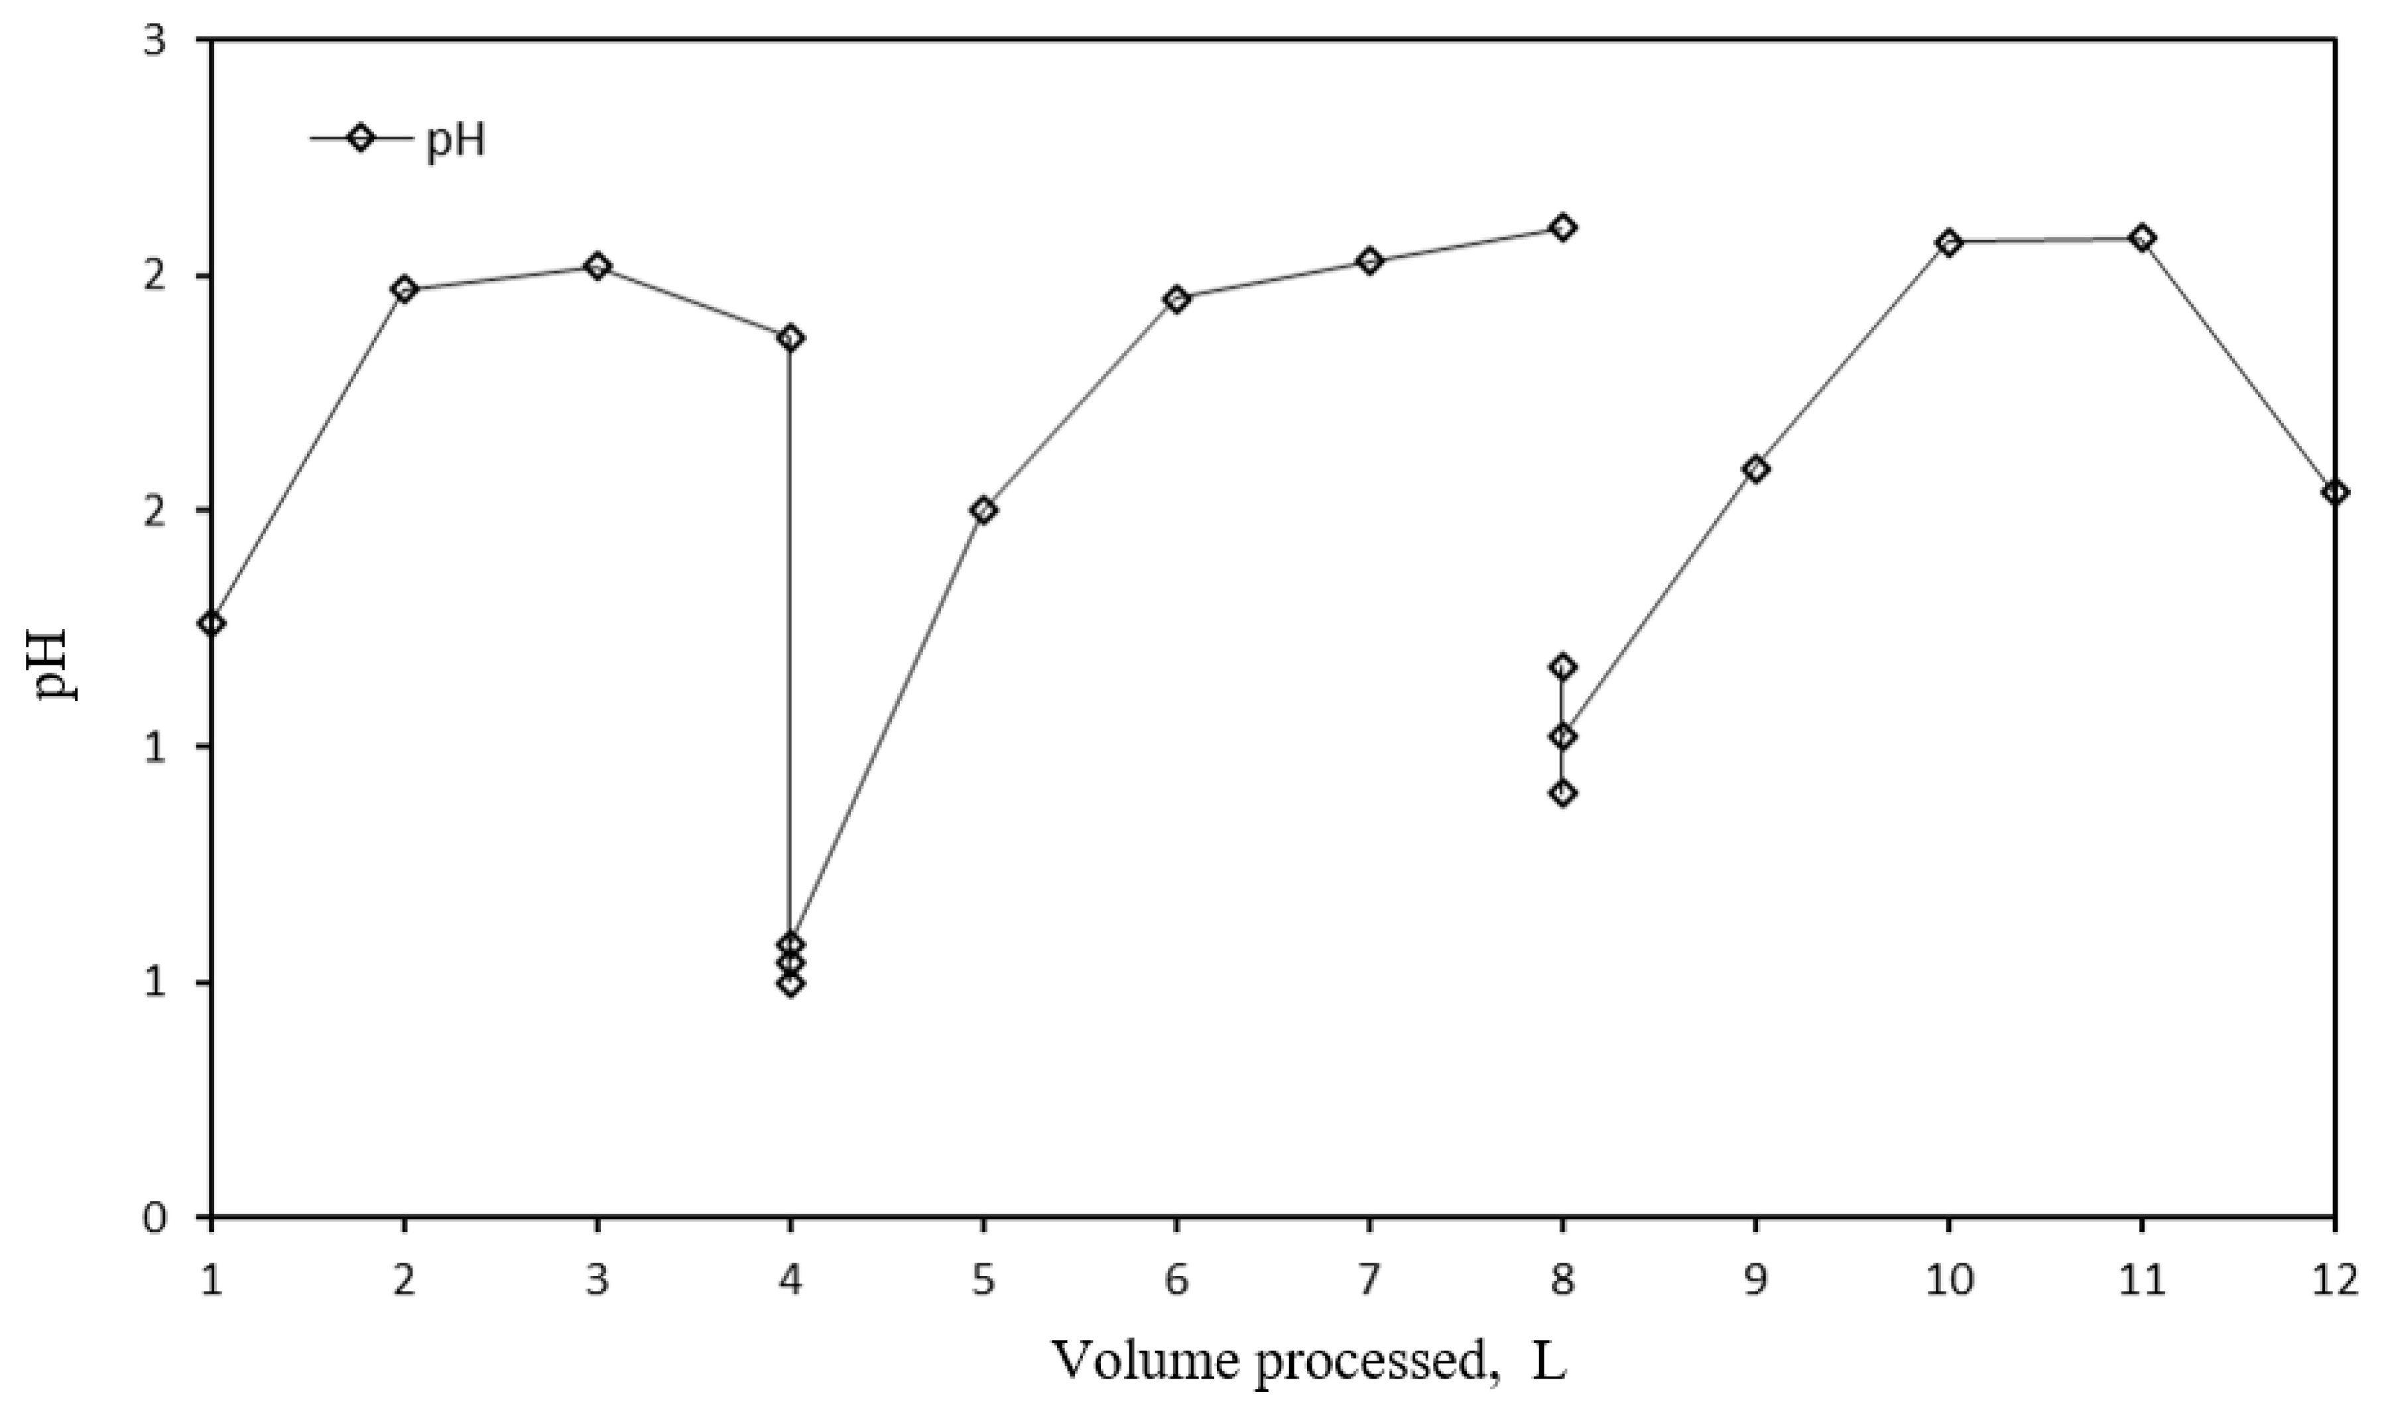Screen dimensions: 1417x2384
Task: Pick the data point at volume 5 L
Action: pos(983,510)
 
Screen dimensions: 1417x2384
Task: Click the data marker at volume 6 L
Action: pos(1176,299)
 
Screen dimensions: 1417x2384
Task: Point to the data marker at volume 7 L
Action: pos(1369,260)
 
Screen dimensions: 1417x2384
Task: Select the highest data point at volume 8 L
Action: pos(1562,227)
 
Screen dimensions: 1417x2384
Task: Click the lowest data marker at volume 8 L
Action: pos(1562,793)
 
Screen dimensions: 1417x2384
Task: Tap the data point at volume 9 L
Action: pos(1755,469)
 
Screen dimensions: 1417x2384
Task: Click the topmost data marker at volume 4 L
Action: pos(790,337)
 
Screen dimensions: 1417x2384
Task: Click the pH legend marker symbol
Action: pos(361,137)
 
